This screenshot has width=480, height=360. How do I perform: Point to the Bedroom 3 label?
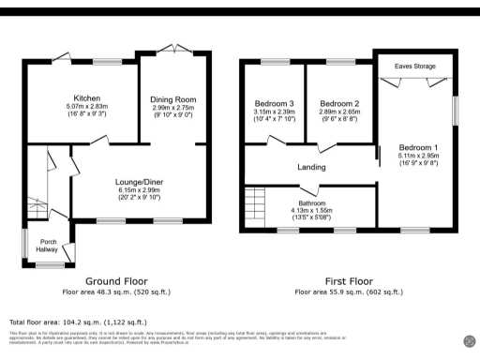click(x=274, y=103)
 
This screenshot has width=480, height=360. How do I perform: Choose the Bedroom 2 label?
click(x=340, y=103)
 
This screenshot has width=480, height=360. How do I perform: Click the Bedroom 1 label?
click(x=417, y=148)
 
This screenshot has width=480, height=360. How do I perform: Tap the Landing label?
click(x=311, y=168)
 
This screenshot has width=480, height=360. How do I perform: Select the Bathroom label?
click(x=312, y=202)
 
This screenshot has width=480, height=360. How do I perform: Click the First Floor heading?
click(x=354, y=281)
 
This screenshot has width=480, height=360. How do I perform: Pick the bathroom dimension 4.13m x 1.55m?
click(x=312, y=209)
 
